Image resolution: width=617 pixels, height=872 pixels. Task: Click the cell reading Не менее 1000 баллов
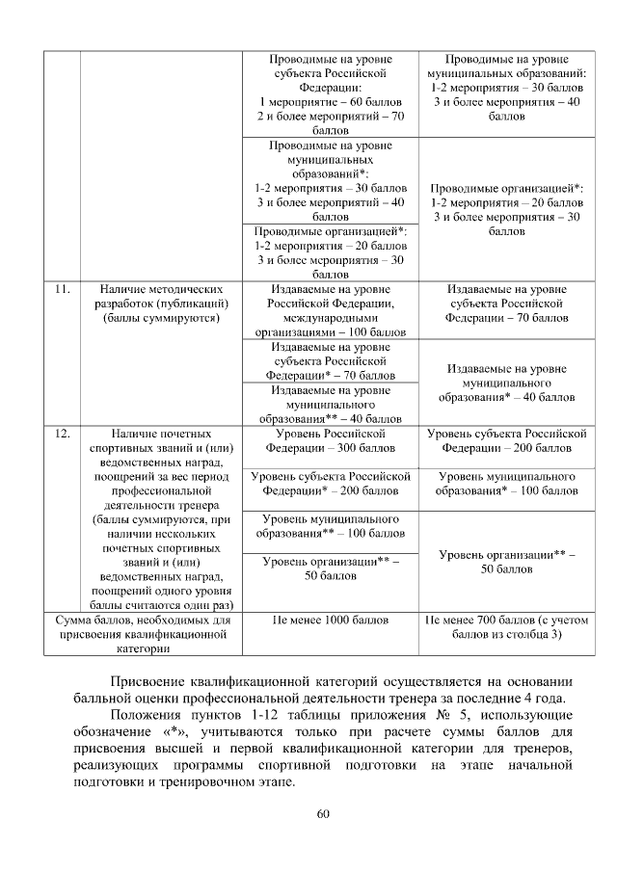coord(331,621)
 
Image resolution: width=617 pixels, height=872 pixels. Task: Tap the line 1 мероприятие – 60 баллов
coord(330,101)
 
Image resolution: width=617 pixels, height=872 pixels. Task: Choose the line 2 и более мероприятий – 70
coord(331,116)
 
